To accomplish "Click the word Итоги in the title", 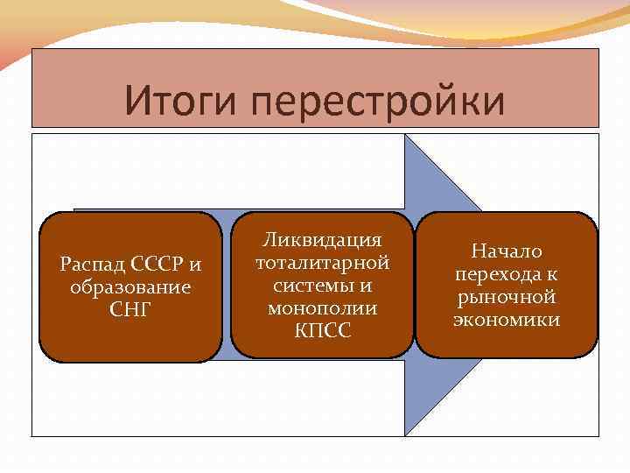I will click(x=178, y=100).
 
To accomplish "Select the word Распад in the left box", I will click(x=91, y=264).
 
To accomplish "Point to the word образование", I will click(x=129, y=287).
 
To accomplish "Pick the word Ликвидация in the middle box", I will click(x=322, y=240).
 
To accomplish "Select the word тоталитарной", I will click(x=322, y=263).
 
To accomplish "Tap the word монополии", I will click(x=322, y=308).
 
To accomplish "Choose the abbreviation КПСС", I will click(x=322, y=331).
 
